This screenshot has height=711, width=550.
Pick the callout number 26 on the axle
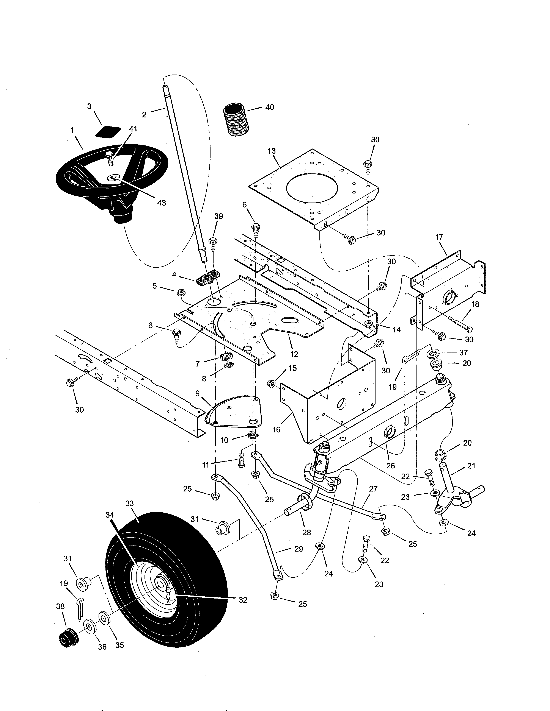tap(390, 466)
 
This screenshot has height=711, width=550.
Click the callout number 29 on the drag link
tap(299, 549)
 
